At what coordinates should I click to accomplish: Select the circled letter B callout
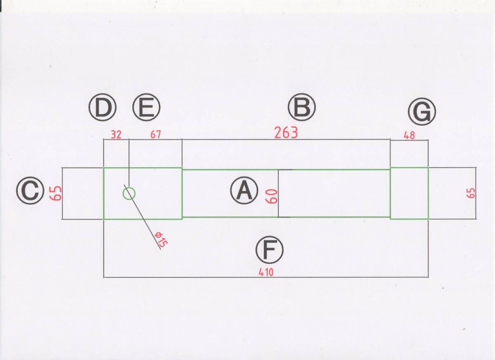pyautogui.click(x=302, y=108)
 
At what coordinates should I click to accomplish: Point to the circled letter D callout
pyautogui.click(x=103, y=108)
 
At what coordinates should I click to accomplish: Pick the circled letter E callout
pyautogui.click(x=146, y=108)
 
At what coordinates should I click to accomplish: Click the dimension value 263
pyautogui.click(x=286, y=133)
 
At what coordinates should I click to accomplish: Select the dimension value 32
pyautogui.click(x=116, y=135)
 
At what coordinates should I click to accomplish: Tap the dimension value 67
pyautogui.click(x=156, y=135)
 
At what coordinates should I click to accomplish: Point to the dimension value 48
pyautogui.click(x=409, y=135)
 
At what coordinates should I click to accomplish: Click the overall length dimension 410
pyautogui.click(x=266, y=272)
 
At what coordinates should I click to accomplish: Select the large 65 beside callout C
pyautogui.click(x=56, y=193)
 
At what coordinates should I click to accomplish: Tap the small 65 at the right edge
pyautogui.click(x=471, y=193)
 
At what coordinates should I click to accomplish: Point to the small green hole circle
pyautogui.click(x=129, y=193)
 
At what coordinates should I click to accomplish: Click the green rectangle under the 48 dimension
pyautogui.click(x=409, y=193)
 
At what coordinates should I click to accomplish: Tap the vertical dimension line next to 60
pyautogui.click(x=278, y=193)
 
